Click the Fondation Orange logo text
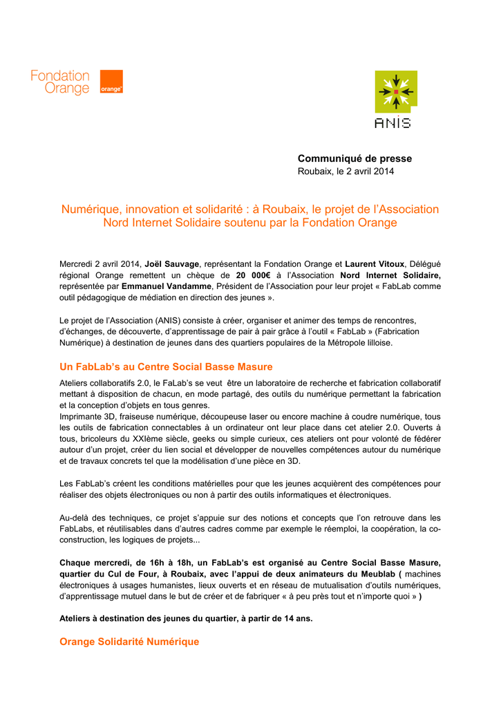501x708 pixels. point(60,82)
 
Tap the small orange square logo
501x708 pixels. point(111,82)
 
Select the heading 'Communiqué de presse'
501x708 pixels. point(355,159)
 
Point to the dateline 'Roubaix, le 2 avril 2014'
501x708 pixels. point(346,171)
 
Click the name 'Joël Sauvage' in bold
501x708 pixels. point(173,264)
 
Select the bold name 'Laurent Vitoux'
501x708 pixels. point(375,264)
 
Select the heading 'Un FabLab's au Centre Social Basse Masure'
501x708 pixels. point(166,366)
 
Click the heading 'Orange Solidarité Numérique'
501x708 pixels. point(129,642)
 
